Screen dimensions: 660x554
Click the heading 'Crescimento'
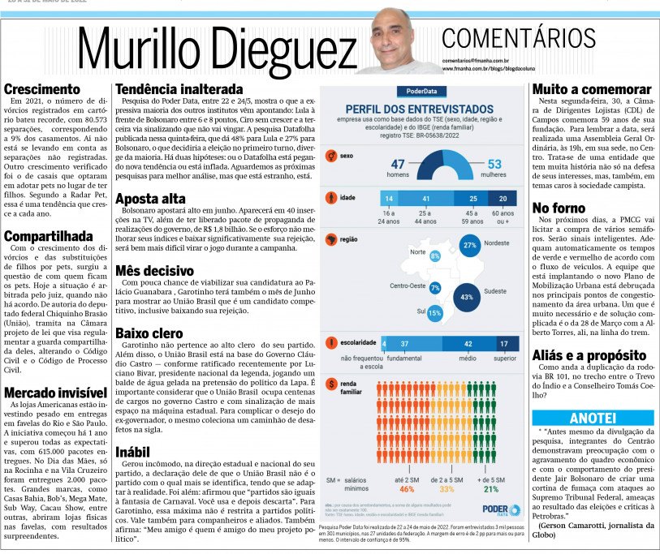point(43,89)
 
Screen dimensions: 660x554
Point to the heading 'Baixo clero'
point(150,333)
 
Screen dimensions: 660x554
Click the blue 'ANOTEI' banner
point(592,418)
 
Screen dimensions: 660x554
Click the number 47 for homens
point(398,165)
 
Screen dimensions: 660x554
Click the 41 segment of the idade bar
point(425,199)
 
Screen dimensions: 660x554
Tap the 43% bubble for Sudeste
point(466,298)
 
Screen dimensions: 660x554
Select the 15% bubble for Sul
point(434,313)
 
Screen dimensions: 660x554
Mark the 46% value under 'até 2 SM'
point(407,489)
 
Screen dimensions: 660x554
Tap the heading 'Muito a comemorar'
point(592,89)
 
